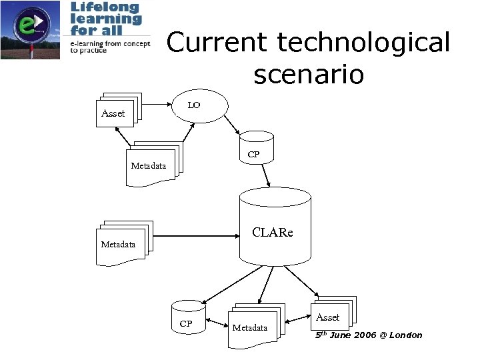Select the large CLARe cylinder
click(x=275, y=231)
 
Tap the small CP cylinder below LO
click(x=257, y=147)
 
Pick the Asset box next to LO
click(x=116, y=111)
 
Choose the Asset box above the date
click(x=331, y=314)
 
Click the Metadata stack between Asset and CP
click(x=154, y=162)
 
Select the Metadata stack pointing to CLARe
click(x=123, y=241)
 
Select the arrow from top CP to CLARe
click(x=266, y=175)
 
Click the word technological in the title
click(x=364, y=43)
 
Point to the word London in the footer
click(x=405, y=335)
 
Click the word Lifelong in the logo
click(x=105, y=7)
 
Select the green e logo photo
click(x=30, y=30)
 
